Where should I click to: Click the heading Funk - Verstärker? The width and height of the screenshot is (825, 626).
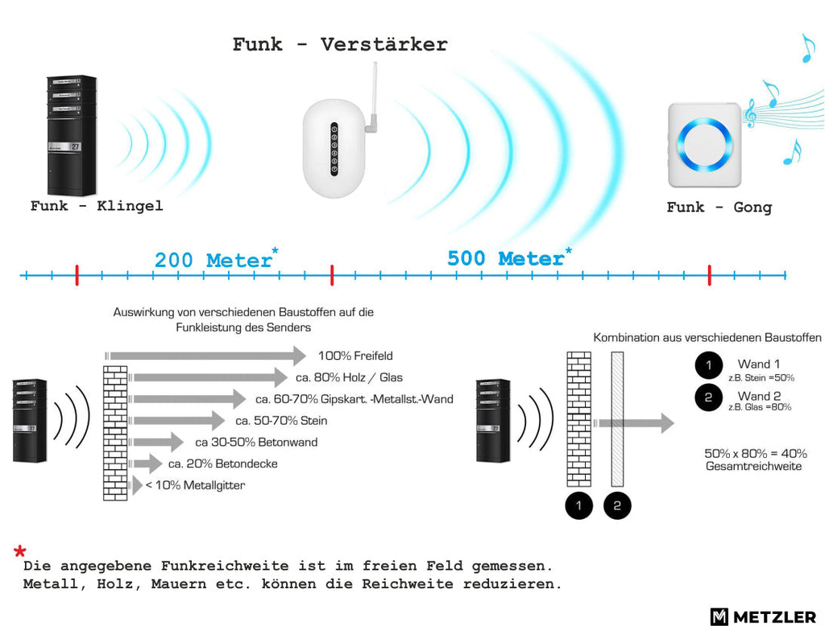tap(340, 44)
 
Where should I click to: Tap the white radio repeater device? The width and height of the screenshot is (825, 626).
tap(334, 149)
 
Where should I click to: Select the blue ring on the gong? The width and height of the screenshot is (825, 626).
tap(704, 143)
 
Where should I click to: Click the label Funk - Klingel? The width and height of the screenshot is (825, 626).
tap(97, 205)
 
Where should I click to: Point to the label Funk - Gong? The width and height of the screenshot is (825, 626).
tap(719, 207)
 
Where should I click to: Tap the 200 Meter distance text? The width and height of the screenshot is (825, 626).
tap(216, 259)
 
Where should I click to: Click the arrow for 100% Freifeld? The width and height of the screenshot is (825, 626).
tap(205, 356)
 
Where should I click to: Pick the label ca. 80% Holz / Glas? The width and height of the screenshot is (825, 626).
tap(349, 377)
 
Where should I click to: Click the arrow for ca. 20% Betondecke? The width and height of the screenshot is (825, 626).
tap(146, 463)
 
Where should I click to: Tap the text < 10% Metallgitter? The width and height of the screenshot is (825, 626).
tap(195, 485)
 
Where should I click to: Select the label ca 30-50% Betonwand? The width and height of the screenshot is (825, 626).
tap(256, 442)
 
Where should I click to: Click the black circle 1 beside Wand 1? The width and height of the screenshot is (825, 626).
tap(709, 365)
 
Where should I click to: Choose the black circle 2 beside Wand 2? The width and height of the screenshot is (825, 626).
tap(708, 397)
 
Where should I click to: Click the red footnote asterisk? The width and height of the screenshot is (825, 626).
tap(20, 551)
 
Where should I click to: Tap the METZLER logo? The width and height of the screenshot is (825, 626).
tap(763, 616)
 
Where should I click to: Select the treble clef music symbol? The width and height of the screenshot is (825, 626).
tap(750, 113)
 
